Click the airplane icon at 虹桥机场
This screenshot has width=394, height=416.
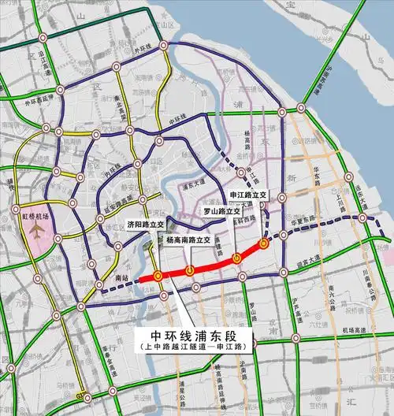click(x=35, y=229)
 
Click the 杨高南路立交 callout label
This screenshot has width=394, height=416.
click(x=188, y=239)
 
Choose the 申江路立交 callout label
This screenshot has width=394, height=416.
click(x=248, y=195)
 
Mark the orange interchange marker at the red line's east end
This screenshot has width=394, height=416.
click(x=264, y=243)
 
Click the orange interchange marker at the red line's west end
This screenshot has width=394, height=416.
click(x=158, y=276)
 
